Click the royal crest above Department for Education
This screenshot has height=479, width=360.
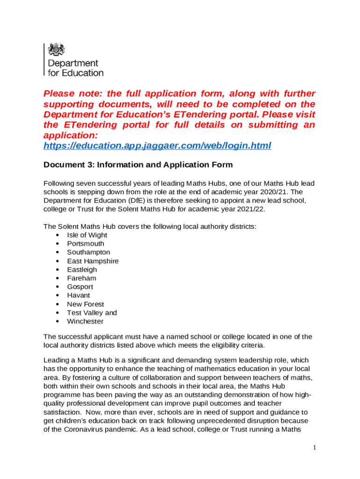pos(56,50)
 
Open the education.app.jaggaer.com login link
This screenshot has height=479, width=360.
pos(157,146)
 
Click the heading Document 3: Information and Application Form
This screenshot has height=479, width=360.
pos(138,165)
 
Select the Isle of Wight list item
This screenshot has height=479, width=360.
pos(87,235)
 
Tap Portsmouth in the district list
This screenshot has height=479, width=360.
pos(86,244)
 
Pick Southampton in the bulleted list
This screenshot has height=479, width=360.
pos(88,252)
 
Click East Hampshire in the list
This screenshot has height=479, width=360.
pos(93,261)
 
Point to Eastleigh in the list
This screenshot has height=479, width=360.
pos(82,269)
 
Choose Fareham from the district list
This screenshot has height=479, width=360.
pos(81,278)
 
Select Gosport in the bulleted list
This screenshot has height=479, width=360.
pos(80,287)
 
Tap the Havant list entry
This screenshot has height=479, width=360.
pos(79,296)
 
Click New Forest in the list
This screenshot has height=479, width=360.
pos(86,304)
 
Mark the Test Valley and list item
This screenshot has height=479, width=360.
pos(92,312)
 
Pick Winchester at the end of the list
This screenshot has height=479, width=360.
pos(85,321)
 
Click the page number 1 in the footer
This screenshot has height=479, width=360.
pos(315,448)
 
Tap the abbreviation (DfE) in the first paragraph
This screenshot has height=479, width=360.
pos(133,201)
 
